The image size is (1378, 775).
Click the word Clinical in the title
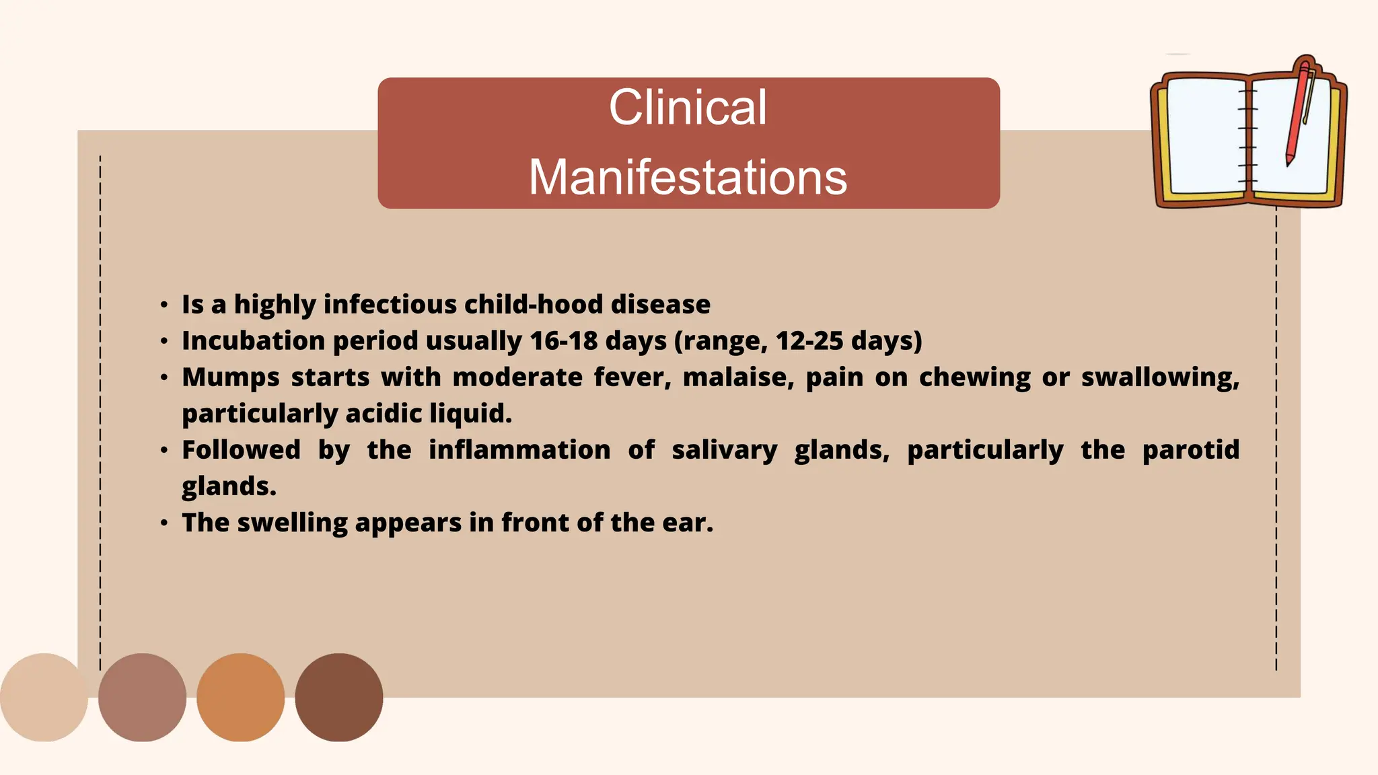click(x=688, y=108)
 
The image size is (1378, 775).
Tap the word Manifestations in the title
click(x=688, y=178)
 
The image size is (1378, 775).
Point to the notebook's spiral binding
click(x=1248, y=135)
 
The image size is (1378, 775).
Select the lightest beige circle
click(x=44, y=697)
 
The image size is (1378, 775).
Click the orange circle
click(x=240, y=697)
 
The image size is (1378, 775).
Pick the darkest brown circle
click(x=338, y=697)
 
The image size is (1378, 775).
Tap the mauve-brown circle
click(x=142, y=697)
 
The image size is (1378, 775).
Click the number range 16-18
click(x=563, y=341)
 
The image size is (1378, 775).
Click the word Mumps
click(x=230, y=377)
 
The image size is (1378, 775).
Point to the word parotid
click(x=1190, y=450)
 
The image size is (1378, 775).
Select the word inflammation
click(x=519, y=450)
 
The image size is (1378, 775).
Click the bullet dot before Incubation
click(x=164, y=342)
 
